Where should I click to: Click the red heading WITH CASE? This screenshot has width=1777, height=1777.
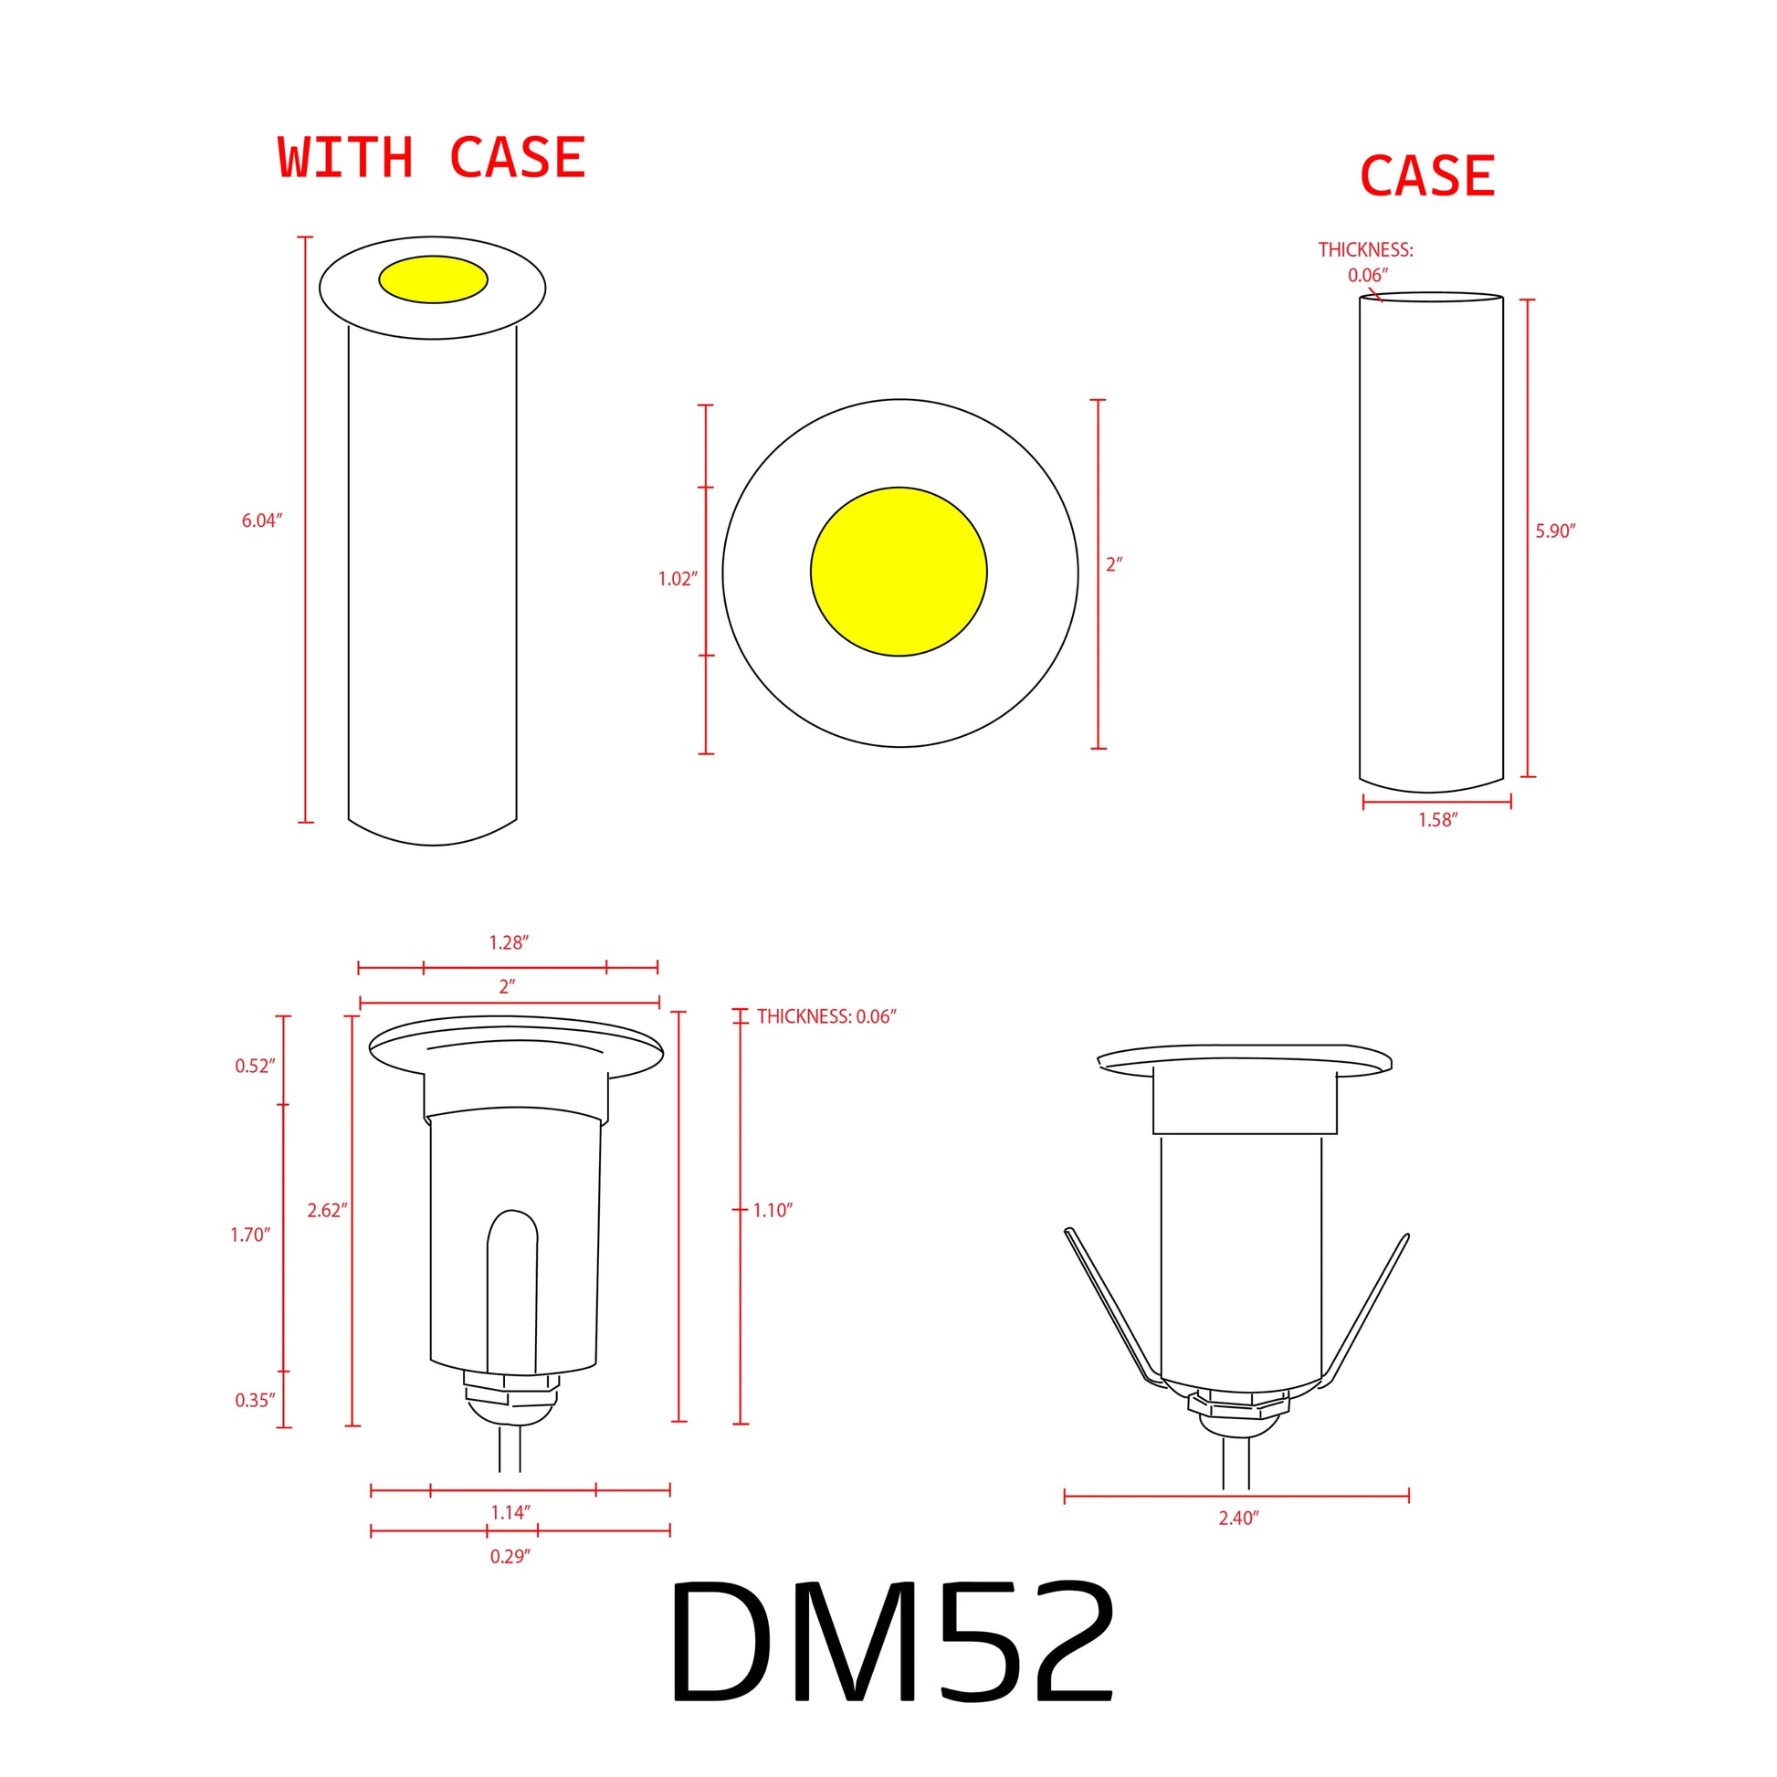(431, 157)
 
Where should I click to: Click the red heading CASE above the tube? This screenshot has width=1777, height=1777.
(1426, 175)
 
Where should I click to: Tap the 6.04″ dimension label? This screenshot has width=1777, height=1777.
(262, 520)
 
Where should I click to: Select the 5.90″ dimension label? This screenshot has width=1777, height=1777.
(1555, 531)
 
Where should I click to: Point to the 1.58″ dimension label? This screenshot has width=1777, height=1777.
(1437, 819)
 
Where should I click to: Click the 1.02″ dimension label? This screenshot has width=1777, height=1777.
(678, 579)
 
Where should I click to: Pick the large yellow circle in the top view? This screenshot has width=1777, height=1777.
(899, 572)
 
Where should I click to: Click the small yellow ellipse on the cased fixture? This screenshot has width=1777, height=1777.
(432, 279)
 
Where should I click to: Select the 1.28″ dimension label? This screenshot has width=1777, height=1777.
(509, 942)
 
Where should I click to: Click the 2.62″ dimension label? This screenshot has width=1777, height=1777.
(328, 1211)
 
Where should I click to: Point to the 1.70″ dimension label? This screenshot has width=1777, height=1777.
(250, 1235)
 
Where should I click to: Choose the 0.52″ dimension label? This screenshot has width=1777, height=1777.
(255, 1066)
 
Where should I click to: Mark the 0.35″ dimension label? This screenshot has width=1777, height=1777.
(255, 1401)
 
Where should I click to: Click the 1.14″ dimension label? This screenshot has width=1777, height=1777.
(510, 1512)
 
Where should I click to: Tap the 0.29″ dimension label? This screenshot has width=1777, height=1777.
(510, 1556)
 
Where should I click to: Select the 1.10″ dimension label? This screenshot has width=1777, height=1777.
(773, 1211)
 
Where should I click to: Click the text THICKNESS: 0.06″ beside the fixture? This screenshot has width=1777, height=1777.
(826, 1016)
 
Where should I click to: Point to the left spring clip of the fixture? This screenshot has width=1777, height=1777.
(1109, 1306)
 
